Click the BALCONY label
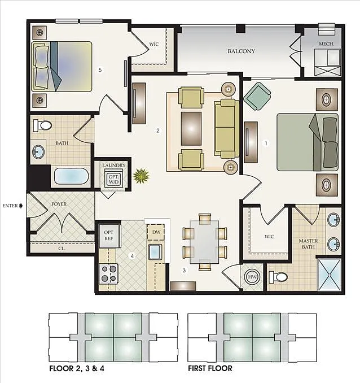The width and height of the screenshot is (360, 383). coord(241,51)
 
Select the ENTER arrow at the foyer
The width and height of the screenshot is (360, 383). coord(21,206)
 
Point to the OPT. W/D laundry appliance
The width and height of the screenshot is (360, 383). coord(113,179)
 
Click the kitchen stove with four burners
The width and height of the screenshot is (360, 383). coord(108,275)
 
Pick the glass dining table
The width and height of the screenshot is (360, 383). coord(205,242)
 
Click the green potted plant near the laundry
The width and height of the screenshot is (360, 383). coord(141,176)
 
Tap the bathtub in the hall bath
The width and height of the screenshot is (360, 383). coord(71,177)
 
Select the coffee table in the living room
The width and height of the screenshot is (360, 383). coord(191,128)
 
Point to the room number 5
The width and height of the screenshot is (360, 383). coord(99,70)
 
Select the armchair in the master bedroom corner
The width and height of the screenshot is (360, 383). coord(257,97)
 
